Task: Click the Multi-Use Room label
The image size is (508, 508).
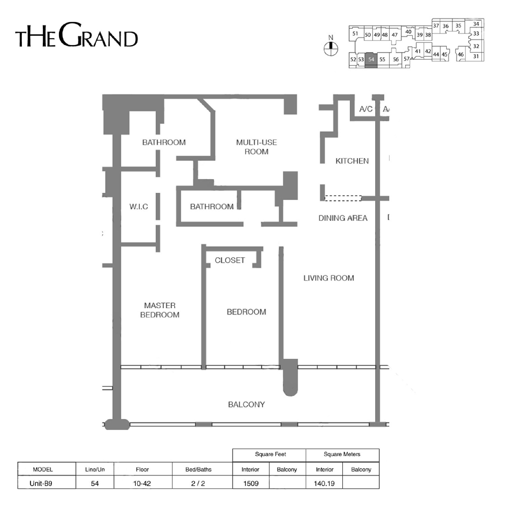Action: (256, 147)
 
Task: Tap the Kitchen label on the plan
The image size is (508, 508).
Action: (352, 161)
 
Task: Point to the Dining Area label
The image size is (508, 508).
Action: (343, 218)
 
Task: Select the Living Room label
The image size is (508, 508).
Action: (329, 278)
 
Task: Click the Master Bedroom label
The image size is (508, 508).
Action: (160, 310)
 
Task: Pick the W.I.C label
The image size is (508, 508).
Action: (139, 207)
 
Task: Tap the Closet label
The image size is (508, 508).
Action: (230, 260)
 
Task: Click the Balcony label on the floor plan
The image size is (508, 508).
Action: (246, 404)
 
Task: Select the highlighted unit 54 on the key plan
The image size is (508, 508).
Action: (371, 60)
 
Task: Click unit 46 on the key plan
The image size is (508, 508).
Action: (461, 54)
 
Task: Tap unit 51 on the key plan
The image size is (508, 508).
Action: (355, 33)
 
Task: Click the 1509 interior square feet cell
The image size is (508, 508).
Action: (251, 483)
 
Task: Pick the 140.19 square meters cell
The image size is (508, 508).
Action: (324, 483)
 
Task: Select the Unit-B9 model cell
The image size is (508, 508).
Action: (41, 483)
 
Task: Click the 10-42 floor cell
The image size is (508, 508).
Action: (142, 483)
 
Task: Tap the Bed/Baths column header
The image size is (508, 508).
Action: (198, 469)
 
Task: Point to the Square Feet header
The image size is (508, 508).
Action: (270, 454)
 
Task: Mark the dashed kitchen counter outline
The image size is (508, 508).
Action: (343, 198)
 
